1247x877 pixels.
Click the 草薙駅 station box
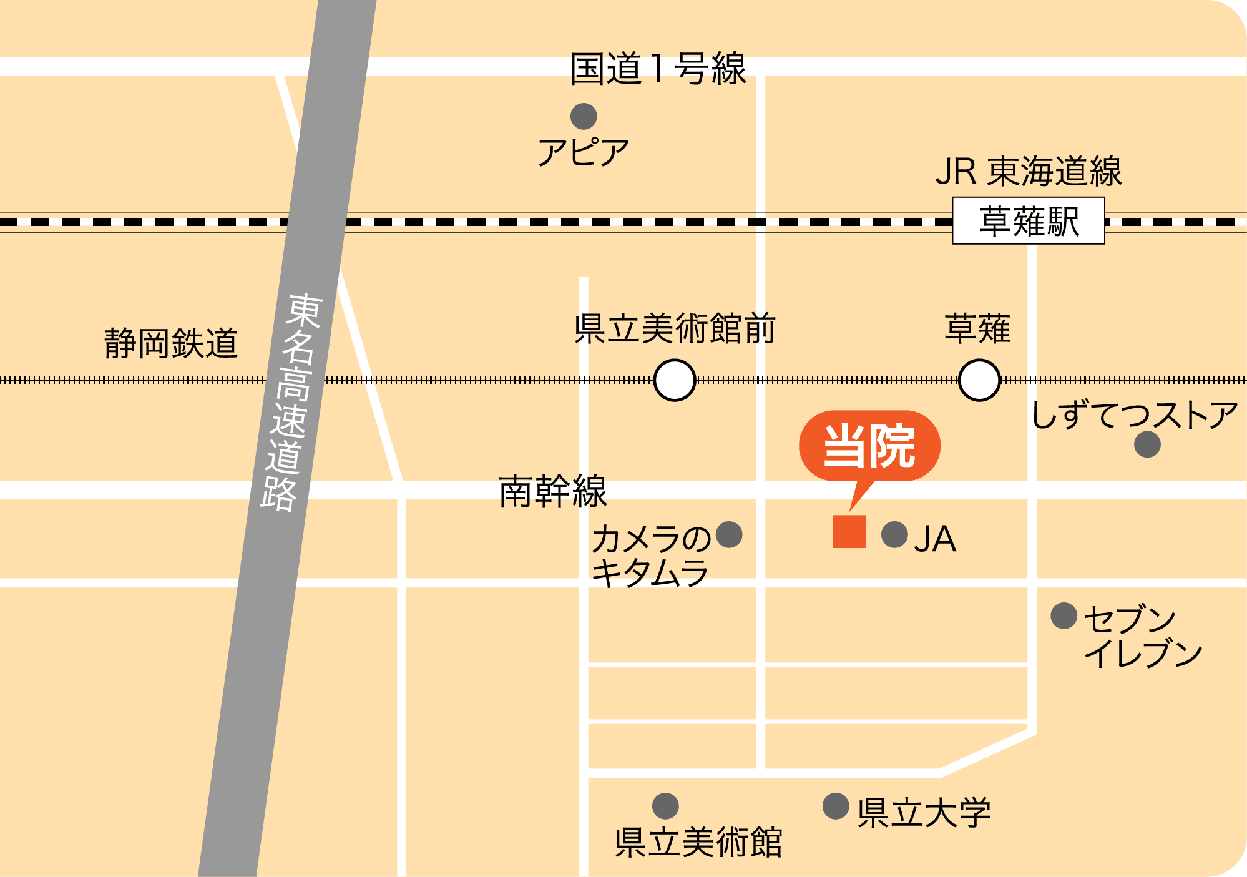pos(1028,221)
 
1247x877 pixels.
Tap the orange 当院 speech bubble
pos(869,446)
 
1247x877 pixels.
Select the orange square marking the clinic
pos(849,531)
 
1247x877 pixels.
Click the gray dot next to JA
pos(894,535)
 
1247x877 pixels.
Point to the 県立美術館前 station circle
pos(675,380)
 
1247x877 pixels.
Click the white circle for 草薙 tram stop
pos(979,380)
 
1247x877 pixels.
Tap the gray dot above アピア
pos(584,116)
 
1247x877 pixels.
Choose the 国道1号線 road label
pos(658,69)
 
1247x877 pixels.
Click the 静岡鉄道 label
pos(171,343)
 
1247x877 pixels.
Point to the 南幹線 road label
pos(552,491)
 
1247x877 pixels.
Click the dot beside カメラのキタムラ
pos(729,534)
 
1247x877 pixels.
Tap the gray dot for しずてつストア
pos(1147,444)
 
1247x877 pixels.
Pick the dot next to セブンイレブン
pos(1064,616)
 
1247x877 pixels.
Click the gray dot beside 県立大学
pos(836,806)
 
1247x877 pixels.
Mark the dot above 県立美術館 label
pos(665,806)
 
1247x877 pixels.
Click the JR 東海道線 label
pos(1028,172)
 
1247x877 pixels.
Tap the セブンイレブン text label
pos(1142,636)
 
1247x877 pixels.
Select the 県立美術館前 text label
pos(675,329)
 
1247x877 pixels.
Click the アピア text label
pos(583,153)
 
